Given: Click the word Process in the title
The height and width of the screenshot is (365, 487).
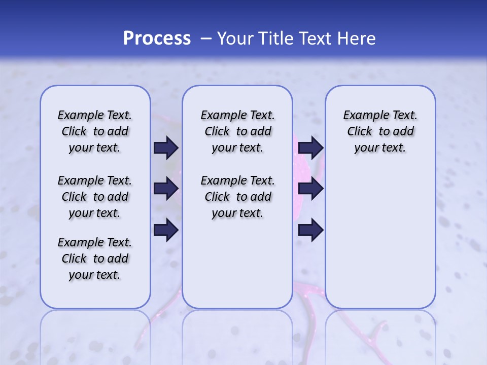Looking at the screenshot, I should pos(157,39).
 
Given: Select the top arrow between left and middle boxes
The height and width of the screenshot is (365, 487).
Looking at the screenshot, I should pos(166,148).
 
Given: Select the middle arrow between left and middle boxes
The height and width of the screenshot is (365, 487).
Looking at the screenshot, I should pos(166,189).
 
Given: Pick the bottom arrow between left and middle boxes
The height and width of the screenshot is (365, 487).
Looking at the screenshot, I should pos(166,230).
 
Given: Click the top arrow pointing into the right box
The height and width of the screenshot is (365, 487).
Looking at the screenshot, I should pos(310,148).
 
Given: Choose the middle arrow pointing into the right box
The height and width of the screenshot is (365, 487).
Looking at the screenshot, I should pos(310,189).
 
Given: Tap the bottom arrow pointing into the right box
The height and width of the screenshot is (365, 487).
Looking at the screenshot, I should pos(310,230).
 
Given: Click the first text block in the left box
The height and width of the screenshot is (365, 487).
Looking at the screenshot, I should pos(95,131).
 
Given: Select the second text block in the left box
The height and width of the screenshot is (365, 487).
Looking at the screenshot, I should pos(95,197).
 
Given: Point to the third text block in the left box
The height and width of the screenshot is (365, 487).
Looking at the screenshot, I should pos(95,259).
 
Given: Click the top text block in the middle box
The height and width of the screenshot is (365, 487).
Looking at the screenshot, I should pos(237,131).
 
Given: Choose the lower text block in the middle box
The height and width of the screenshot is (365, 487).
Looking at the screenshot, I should pos(237,197).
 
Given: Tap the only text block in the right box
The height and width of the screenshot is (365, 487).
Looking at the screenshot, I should pos(380,131).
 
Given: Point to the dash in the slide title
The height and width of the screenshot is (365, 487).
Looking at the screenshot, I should pos(206,39).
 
